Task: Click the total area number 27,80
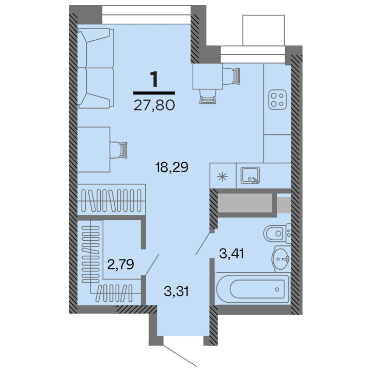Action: coord(154,106)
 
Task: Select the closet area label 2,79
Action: coord(120,265)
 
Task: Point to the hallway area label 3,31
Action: coord(176,291)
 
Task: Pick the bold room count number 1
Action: coord(154,80)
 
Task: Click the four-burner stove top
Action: coord(278,99)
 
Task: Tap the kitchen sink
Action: coord(251,176)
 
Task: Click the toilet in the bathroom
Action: coord(276,234)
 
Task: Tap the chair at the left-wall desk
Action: coord(122,149)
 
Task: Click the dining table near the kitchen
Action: coord(207,76)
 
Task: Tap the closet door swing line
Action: coord(151,265)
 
